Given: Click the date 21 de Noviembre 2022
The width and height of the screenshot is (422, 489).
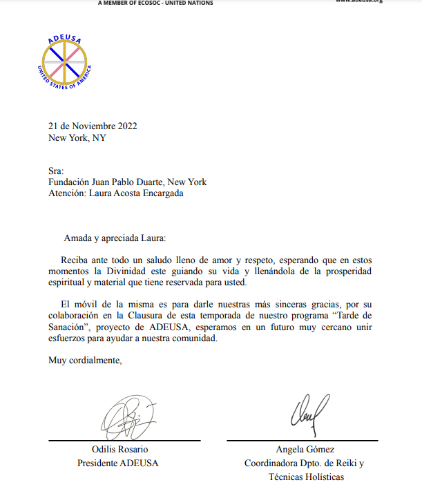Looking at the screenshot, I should pyautogui.click(x=93, y=126).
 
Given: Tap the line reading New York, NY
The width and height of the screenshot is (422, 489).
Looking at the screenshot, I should pyautogui.click(x=77, y=137).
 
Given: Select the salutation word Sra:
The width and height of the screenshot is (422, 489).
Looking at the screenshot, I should pyautogui.click(x=56, y=171).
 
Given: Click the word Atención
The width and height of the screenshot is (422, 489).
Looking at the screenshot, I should pyautogui.click(x=66, y=194).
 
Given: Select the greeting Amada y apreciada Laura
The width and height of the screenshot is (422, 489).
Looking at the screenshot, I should pyautogui.click(x=115, y=238).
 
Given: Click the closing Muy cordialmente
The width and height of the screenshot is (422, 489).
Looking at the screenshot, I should pyautogui.click(x=85, y=360).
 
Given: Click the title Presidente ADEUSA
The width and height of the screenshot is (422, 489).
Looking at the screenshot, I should pyautogui.click(x=118, y=463).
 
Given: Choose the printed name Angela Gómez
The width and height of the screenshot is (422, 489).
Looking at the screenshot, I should pyautogui.click(x=305, y=450).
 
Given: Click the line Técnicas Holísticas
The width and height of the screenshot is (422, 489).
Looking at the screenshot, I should pyautogui.click(x=305, y=477).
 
